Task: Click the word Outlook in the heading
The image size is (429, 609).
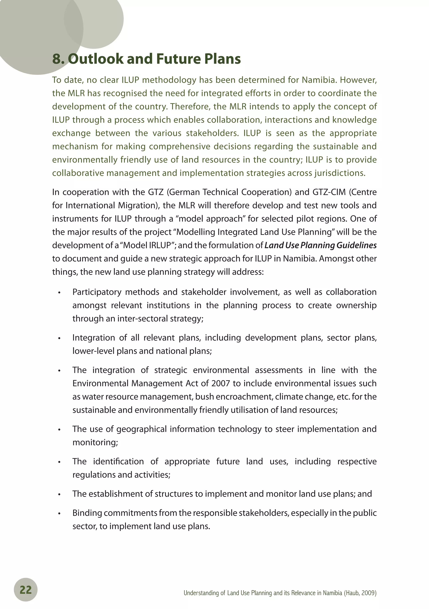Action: tap(96, 59)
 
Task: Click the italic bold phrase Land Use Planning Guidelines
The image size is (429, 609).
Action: tap(320, 245)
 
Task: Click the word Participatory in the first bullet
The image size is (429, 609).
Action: tap(97, 292)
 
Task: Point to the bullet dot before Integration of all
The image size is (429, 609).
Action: tap(59, 338)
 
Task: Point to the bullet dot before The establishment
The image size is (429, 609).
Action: tap(59, 495)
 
